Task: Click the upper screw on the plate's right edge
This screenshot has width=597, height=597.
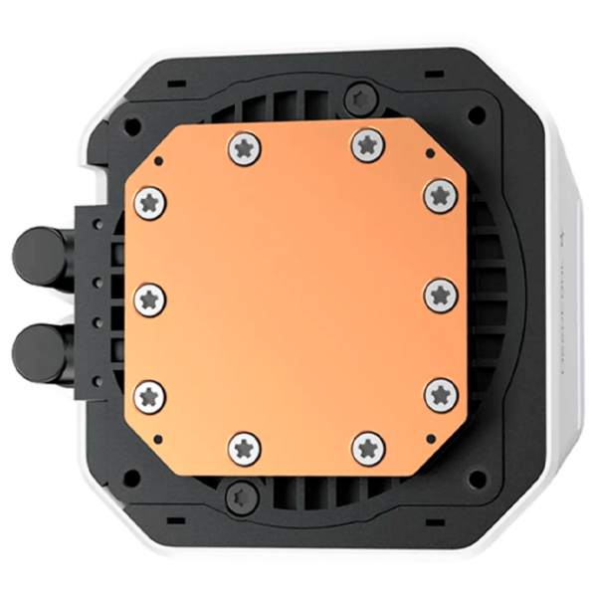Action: [440, 195]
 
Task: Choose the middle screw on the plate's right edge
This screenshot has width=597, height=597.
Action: [441, 295]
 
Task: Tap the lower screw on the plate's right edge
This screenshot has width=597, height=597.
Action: [441, 394]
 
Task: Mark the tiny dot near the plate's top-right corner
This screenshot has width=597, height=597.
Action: [428, 156]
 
